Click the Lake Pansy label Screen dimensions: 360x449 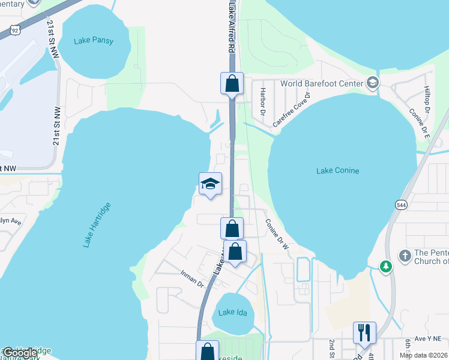[x=93, y=41]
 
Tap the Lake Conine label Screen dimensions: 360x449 [x=337, y=171]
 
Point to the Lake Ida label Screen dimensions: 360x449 [x=231, y=312]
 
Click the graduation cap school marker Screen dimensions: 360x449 [x=210, y=184]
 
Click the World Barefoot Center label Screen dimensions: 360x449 [x=321, y=83]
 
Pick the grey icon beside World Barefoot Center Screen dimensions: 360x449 [x=373, y=83]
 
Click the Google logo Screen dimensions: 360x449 [x=19, y=353]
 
